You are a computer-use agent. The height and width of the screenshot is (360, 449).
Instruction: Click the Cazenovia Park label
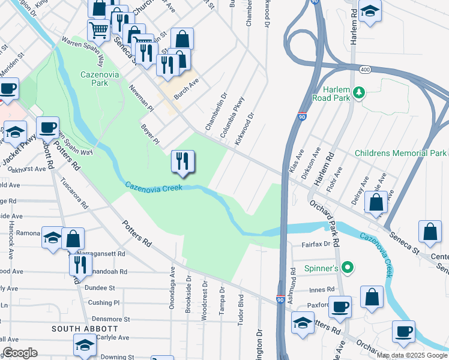point(95,79)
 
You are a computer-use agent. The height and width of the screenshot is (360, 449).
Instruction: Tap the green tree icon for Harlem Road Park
point(359,92)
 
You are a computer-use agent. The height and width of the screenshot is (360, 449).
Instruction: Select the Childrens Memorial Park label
point(400,154)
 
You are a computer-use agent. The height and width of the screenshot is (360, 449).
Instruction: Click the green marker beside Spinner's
point(346,267)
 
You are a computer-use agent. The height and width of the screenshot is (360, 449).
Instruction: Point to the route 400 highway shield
point(364,70)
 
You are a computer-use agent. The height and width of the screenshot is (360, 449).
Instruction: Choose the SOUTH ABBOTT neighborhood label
point(84,329)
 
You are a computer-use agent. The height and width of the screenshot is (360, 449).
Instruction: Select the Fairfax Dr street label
point(316,244)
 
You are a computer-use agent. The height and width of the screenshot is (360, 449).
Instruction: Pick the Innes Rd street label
point(321,290)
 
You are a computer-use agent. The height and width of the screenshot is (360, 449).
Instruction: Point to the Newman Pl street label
point(142,98)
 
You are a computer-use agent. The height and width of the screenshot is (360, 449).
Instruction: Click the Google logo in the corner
point(20,353)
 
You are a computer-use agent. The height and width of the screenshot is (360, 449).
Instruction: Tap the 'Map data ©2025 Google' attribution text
point(412,355)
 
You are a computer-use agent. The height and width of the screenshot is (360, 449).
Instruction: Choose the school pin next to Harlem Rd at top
point(370,13)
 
